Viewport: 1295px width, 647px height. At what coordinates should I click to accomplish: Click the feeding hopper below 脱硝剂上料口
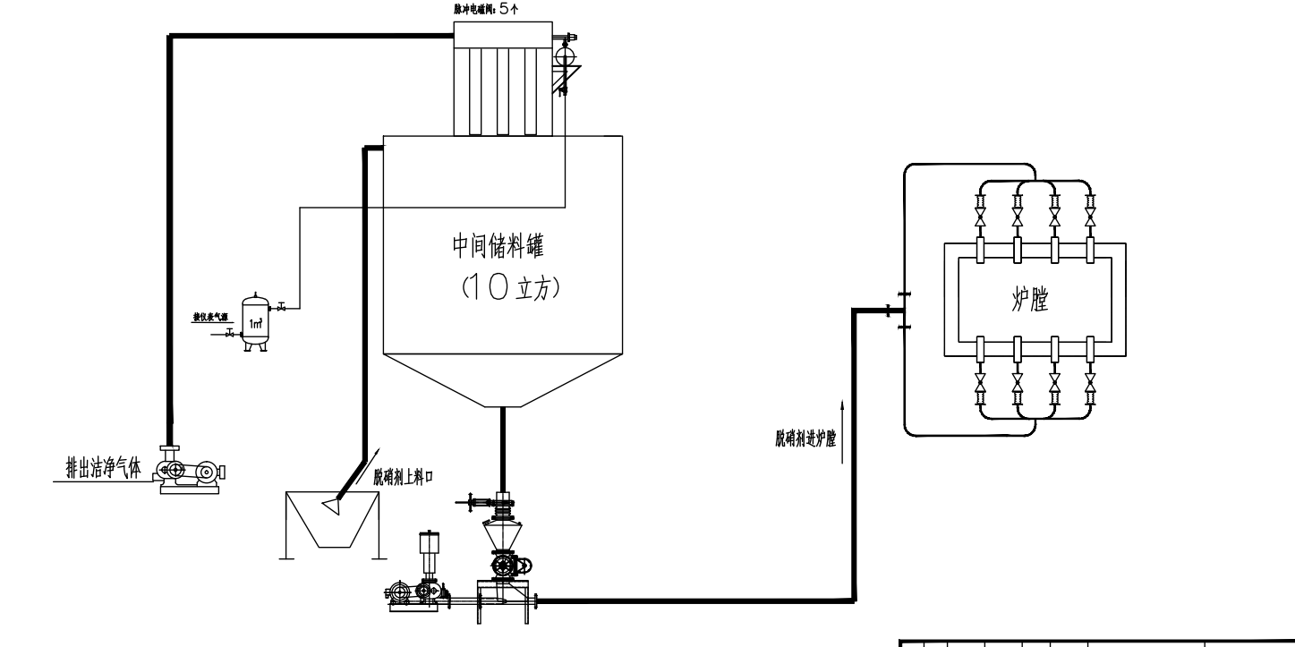coord(328,524)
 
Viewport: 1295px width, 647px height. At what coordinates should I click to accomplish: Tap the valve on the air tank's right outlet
coord(282,309)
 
